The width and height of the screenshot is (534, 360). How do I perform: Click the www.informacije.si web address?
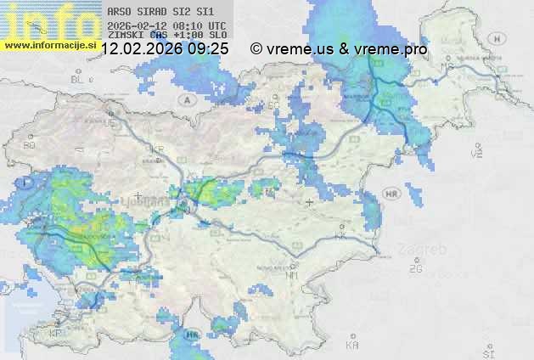pos(49,45)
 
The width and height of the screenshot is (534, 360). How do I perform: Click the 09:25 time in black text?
pos(209,49)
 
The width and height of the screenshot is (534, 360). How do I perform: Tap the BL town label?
pos(77,79)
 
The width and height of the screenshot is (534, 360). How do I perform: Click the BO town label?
pos(29,145)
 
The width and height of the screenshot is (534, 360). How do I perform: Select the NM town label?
pos(293,275)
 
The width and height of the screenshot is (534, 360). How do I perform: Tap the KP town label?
pos(56,334)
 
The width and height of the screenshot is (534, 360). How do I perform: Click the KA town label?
pos(352,345)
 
